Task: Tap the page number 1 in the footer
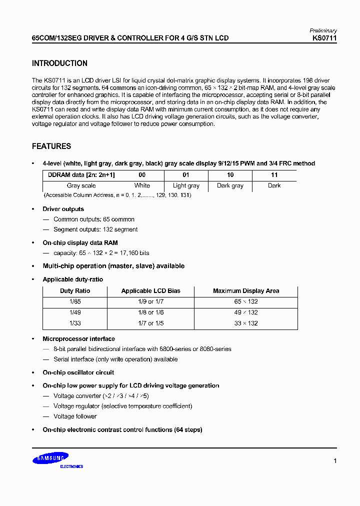(x=335, y=461)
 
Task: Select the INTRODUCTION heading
(x=59, y=63)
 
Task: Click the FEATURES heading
(x=51, y=146)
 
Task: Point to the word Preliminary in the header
(x=323, y=31)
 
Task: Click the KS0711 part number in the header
(x=324, y=38)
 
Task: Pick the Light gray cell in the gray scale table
(x=186, y=185)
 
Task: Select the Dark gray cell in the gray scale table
(x=230, y=185)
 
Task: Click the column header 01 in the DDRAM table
(x=186, y=175)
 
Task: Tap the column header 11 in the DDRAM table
(x=274, y=175)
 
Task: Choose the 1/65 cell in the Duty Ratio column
(x=74, y=302)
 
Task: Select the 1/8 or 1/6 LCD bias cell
(x=150, y=312)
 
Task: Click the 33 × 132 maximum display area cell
(x=246, y=323)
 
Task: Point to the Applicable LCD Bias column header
(x=150, y=291)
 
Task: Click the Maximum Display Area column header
(x=246, y=291)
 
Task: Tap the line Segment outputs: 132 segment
(x=95, y=229)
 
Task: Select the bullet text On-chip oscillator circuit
(x=78, y=372)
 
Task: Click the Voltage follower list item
(x=75, y=416)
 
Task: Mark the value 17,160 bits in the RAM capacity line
(x=133, y=253)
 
